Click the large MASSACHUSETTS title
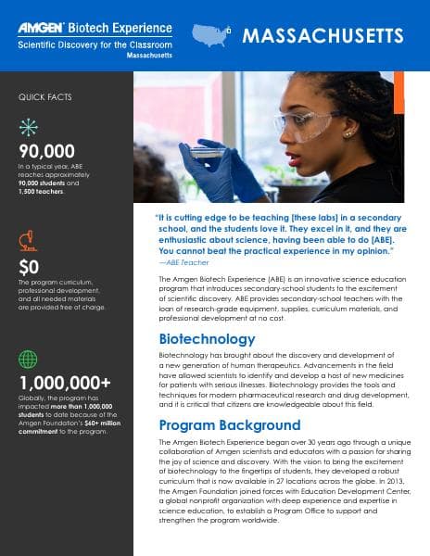click(x=322, y=36)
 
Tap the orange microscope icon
click(x=29, y=245)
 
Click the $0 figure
click(x=29, y=267)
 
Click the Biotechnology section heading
click(x=207, y=338)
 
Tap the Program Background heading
click(x=230, y=425)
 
